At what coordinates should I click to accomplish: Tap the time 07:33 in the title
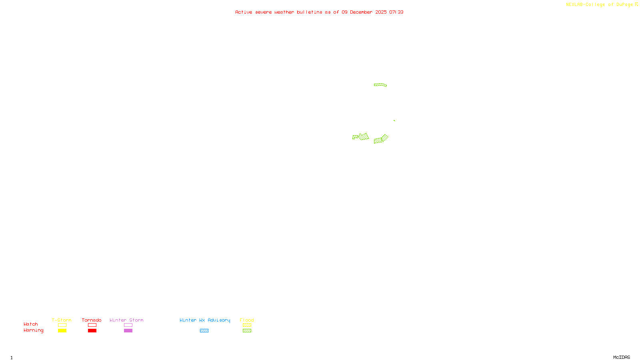pyautogui.click(x=396, y=12)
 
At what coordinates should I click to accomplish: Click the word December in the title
pyautogui.click(x=361, y=12)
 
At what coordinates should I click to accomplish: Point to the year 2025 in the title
pyautogui.click(x=381, y=12)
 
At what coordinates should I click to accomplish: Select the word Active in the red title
pyautogui.click(x=244, y=12)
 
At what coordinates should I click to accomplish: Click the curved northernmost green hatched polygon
pyautogui.click(x=380, y=85)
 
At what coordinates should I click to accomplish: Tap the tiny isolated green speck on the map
pyautogui.click(x=394, y=120)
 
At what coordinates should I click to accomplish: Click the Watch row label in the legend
pyautogui.click(x=31, y=324)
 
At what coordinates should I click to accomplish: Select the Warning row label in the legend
pyautogui.click(x=34, y=330)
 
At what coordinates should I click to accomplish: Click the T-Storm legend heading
pyautogui.click(x=62, y=320)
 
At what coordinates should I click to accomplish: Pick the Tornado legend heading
pyautogui.click(x=92, y=320)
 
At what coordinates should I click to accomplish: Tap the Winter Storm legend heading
pyautogui.click(x=126, y=320)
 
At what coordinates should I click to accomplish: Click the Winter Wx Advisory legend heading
pyautogui.click(x=205, y=320)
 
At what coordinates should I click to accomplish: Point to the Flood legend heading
pyautogui.click(x=247, y=320)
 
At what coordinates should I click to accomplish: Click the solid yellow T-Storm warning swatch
pyautogui.click(x=62, y=331)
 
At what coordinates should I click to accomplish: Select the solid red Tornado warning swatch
pyautogui.click(x=92, y=331)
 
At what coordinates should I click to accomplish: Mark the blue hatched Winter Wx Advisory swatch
pyautogui.click(x=204, y=331)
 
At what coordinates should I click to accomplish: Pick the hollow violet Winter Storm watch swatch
pyautogui.click(x=128, y=325)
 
